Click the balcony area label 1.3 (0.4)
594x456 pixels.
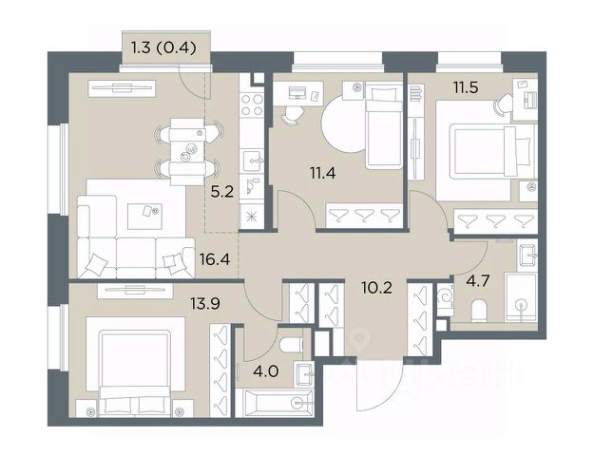163,48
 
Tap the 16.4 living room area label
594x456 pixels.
215,259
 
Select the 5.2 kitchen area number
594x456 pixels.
222,193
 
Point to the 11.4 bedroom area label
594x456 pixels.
323,174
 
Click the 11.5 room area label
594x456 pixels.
466,87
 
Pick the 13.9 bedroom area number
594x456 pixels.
205,303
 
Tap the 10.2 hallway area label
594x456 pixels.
376,288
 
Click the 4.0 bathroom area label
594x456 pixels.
267,371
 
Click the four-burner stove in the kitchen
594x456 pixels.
252,104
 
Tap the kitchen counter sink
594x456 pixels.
252,161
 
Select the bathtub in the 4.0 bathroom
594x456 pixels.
275,403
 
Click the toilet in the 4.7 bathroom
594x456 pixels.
479,311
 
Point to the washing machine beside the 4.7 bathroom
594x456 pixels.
445,297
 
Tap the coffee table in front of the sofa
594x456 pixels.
144,216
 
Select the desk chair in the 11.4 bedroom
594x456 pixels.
292,114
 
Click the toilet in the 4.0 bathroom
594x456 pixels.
291,345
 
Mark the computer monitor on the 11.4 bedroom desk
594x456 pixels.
297,92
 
